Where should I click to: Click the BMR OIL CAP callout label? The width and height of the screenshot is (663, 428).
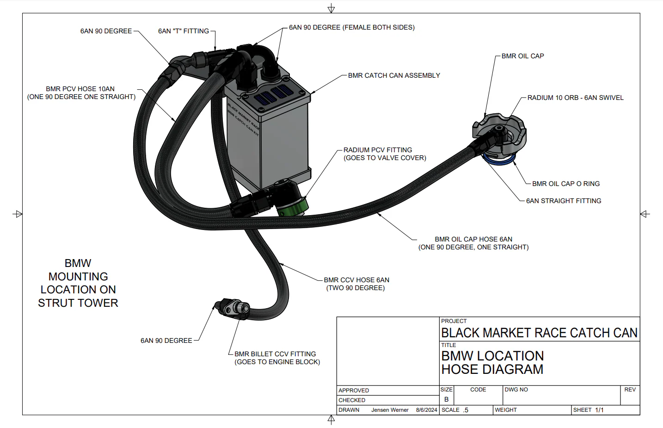tap(522, 56)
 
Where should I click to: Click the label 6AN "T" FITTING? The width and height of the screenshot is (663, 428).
tap(183, 31)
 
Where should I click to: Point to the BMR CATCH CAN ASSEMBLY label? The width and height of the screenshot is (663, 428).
tap(394, 75)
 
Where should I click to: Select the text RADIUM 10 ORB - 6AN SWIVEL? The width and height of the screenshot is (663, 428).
tap(575, 98)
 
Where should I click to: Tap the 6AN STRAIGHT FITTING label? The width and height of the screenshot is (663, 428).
tap(563, 201)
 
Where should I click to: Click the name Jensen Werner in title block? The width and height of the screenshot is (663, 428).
tap(390, 410)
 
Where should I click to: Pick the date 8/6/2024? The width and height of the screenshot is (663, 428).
tap(426, 410)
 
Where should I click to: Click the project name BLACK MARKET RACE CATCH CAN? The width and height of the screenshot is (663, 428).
tap(539, 333)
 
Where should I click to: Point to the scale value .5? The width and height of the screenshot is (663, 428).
tap(466, 410)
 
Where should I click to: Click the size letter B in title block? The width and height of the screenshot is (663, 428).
tap(446, 399)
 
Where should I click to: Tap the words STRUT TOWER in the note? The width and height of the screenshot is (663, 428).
tap(78, 303)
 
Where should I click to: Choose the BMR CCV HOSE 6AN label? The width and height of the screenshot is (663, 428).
tap(356, 280)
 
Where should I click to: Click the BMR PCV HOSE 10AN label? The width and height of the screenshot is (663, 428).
tap(80, 89)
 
